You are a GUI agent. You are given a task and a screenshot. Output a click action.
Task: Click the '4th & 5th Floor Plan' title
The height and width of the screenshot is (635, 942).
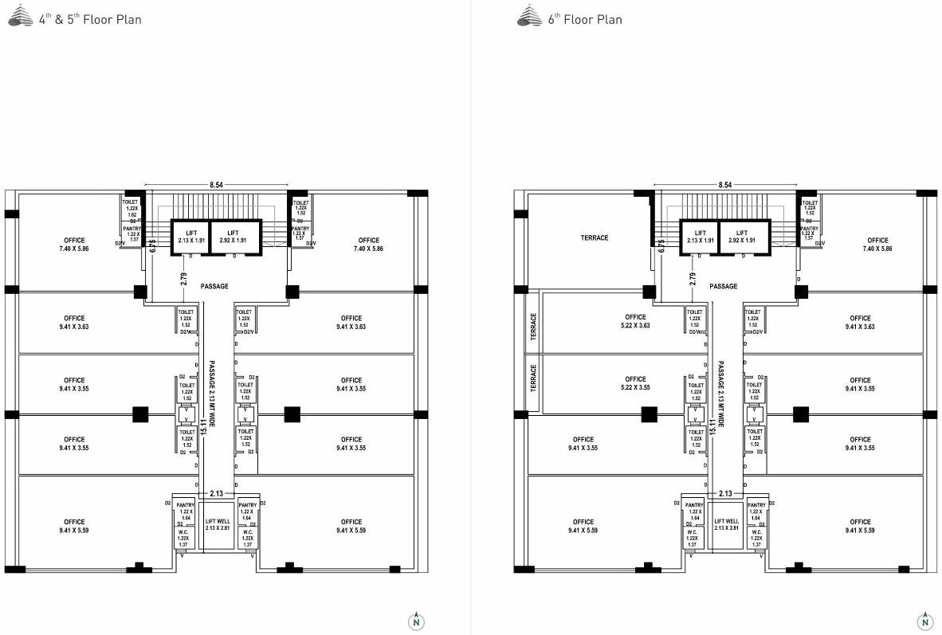point(90,19)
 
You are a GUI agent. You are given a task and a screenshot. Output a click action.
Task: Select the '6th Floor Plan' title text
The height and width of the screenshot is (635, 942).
point(584,19)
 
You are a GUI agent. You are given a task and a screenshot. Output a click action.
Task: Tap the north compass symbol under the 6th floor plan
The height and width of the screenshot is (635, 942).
point(924,621)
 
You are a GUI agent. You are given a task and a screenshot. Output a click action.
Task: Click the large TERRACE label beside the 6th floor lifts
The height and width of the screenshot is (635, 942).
point(594,237)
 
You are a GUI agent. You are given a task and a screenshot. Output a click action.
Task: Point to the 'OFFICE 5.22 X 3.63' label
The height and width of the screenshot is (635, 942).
point(635,321)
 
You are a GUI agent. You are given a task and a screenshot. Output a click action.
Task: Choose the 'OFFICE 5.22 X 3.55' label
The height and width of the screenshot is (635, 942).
point(635,383)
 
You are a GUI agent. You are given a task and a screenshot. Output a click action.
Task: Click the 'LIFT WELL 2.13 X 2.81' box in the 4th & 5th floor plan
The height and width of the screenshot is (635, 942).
point(218,524)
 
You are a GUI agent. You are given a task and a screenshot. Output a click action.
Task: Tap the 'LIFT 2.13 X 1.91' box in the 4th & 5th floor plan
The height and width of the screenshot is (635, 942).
point(190,236)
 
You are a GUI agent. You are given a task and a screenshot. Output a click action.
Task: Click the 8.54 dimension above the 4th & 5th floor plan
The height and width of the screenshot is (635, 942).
point(216,185)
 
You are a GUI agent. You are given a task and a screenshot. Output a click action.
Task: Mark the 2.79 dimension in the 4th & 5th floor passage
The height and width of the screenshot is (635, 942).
point(184,278)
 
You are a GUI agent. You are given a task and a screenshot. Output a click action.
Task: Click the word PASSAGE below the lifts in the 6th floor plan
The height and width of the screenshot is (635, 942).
point(723,286)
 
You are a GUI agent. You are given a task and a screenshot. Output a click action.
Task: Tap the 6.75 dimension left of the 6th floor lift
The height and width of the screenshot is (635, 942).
point(661,245)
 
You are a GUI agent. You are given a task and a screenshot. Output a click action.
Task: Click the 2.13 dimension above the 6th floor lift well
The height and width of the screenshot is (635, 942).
point(725,494)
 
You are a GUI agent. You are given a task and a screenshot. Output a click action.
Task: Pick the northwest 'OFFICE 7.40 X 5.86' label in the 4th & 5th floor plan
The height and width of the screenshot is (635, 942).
point(74,244)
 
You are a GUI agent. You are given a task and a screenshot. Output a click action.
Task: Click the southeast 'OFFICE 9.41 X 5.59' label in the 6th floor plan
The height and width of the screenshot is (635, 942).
point(860,526)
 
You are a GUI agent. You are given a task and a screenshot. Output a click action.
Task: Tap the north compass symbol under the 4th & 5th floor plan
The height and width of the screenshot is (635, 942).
point(416,621)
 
